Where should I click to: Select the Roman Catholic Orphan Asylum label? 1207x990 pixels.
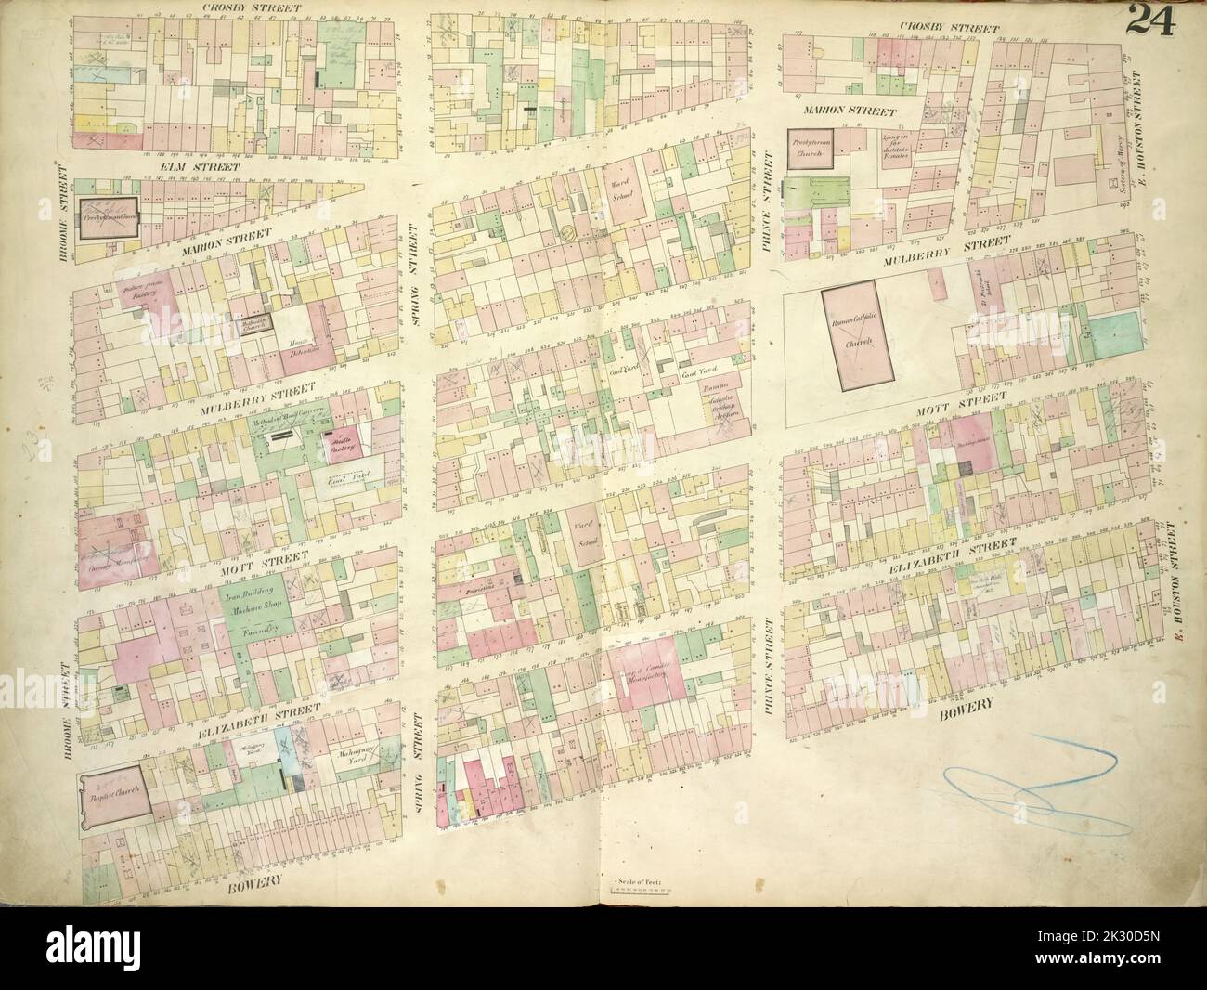click(x=720, y=401)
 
